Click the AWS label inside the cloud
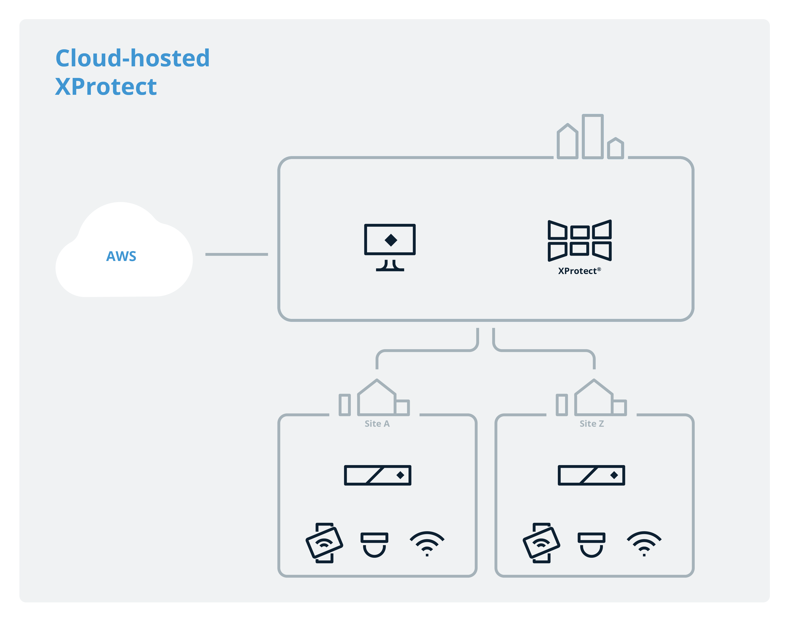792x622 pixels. pyautogui.click(x=121, y=256)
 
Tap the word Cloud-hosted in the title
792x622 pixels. pyautogui.click(x=132, y=58)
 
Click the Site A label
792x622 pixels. pyautogui.click(x=377, y=424)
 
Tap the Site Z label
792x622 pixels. pyautogui.click(x=592, y=424)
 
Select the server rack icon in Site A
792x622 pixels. pyautogui.click(x=378, y=475)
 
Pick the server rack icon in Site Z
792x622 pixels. pyautogui.click(x=591, y=475)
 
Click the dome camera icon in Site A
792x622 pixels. pyautogui.click(x=374, y=544)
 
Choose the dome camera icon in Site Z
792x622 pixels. pyautogui.click(x=591, y=544)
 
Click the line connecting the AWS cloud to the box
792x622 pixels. pyautogui.click(x=237, y=254)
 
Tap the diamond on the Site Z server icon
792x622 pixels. pyautogui.click(x=614, y=475)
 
